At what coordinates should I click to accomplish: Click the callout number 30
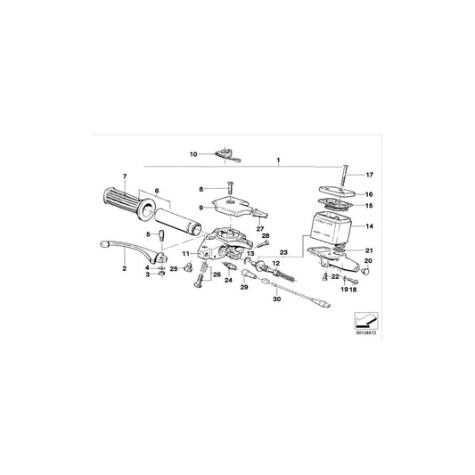coord(275,299)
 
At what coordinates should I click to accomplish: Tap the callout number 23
coord(284,251)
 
